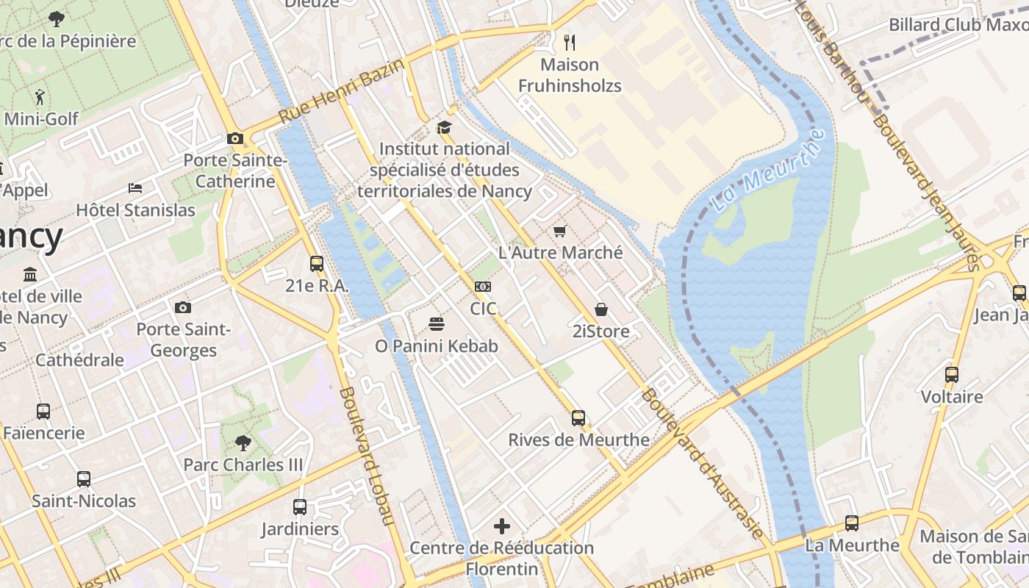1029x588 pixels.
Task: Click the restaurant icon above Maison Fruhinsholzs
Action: click(569, 42)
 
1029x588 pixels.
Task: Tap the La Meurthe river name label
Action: click(769, 171)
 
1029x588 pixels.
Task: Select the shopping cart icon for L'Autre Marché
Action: click(560, 232)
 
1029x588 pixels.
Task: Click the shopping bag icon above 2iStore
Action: click(601, 309)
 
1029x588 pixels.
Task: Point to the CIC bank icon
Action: click(483, 286)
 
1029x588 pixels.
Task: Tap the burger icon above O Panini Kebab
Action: click(437, 324)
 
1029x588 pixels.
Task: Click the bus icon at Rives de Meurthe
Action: click(578, 418)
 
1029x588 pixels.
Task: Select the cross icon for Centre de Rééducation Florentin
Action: click(502, 526)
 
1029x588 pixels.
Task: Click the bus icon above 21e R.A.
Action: click(317, 264)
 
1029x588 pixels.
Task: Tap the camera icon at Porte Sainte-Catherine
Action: click(235, 138)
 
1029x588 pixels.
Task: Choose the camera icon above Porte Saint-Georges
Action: click(183, 307)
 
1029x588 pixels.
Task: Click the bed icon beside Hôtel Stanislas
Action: click(135, 188)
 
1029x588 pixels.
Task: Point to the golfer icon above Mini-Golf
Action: click(40, 96)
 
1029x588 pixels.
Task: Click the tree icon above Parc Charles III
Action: click(243, 442)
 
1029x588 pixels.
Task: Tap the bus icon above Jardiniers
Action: click(300, 506)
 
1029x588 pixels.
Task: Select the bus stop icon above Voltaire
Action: click(952, 374)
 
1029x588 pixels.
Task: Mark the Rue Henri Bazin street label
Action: click(341, 92)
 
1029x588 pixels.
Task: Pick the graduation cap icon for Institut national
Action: click(444, 128)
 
